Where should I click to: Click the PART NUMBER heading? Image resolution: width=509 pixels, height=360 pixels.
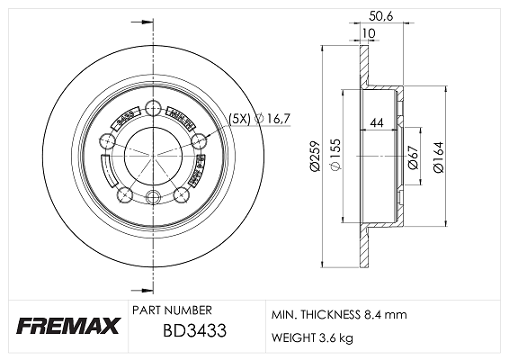pos(173,309)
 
